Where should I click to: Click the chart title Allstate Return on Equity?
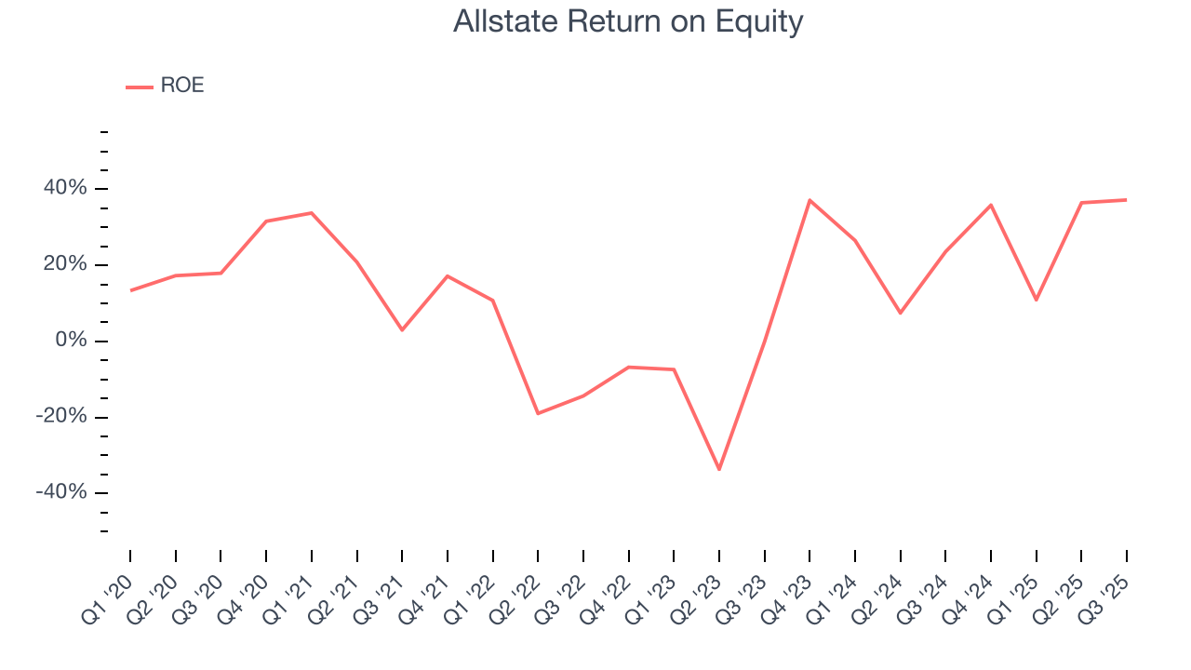628,21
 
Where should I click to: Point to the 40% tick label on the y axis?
65,189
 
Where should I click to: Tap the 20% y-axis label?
65,265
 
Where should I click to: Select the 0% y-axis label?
71,341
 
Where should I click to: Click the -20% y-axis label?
62,417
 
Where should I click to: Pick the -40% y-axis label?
62,492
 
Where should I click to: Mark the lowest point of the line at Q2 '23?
719,469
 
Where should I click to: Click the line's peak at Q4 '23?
810,200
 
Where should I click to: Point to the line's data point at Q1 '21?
312,213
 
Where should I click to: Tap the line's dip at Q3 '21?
402,330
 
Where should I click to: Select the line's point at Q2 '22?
538,413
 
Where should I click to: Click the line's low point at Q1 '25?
1036,300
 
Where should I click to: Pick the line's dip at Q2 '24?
900,313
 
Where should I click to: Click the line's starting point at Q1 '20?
130,290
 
